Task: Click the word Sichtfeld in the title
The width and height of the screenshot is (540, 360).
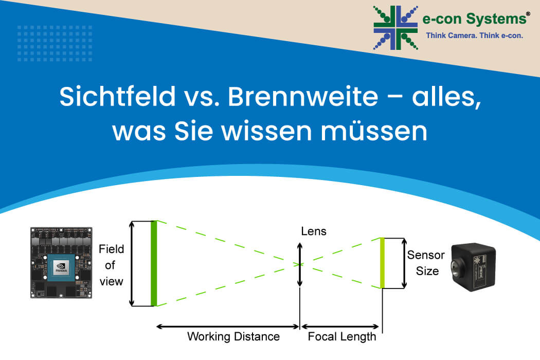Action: click(x=117, y=97)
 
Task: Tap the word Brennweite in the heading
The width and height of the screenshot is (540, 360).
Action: click(x=303, y=97)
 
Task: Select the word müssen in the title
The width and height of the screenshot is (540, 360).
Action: click(x=374, y=131)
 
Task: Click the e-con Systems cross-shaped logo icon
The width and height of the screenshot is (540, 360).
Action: click(x=395, y=28)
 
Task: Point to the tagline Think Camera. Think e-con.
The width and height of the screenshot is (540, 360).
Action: click(x=475, y=35)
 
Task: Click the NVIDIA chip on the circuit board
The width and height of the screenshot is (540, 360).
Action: click(x=61, y=268)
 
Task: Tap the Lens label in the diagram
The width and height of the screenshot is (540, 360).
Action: click(x=313, y=231)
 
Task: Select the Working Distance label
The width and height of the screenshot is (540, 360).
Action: click(x=233, y=336)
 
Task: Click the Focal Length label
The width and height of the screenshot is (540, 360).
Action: click(x=341, y=336)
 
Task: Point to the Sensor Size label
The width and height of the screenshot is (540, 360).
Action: click(x=426, y=263)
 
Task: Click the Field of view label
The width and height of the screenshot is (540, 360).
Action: click(x=111, y=265)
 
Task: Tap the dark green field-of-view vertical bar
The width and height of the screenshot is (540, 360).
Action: click(x=154, y=263)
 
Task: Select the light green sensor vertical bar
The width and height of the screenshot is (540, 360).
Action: click(x=382, y=263)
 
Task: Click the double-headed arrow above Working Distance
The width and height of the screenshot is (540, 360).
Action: click(x=228, y=327)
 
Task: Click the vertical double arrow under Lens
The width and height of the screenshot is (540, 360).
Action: click(x=300, y=264)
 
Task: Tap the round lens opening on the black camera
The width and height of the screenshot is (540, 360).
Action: click(x=456, y=267)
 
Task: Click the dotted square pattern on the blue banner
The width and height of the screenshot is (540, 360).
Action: click(x=55, y=43)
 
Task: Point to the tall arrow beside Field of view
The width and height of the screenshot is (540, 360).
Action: click(x=132, y=263)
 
